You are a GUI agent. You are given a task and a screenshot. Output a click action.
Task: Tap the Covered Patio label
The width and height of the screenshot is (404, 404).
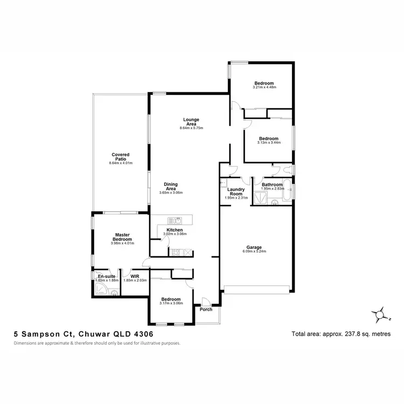(121, 157)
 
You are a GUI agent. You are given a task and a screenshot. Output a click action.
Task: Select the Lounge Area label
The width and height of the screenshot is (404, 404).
(191, 122)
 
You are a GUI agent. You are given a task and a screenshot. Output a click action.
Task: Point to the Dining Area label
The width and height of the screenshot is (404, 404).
(171, 186)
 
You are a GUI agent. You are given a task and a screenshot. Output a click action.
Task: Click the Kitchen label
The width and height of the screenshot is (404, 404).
(174, 230)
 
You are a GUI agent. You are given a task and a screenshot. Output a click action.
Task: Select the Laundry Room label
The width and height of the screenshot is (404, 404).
(236, 192)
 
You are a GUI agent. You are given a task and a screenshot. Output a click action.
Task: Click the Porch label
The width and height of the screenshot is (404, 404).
(206, 309)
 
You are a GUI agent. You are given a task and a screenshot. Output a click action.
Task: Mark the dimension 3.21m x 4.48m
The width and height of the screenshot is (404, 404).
(264, 87)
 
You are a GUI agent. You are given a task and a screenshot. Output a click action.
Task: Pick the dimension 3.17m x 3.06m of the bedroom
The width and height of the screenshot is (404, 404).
(171, 303)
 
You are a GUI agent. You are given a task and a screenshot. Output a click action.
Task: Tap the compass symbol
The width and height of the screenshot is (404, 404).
(380, 314)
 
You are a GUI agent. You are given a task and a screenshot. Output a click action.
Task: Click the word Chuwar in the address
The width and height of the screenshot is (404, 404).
(90, 335)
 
